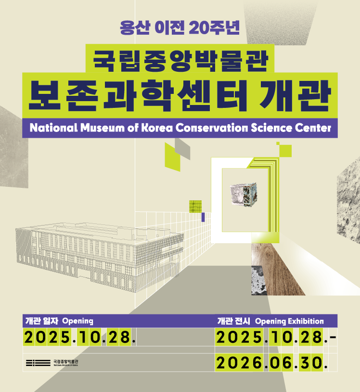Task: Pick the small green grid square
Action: click(194, 206)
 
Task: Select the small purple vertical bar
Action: click(203, 217)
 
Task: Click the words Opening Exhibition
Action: click(289, 321)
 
